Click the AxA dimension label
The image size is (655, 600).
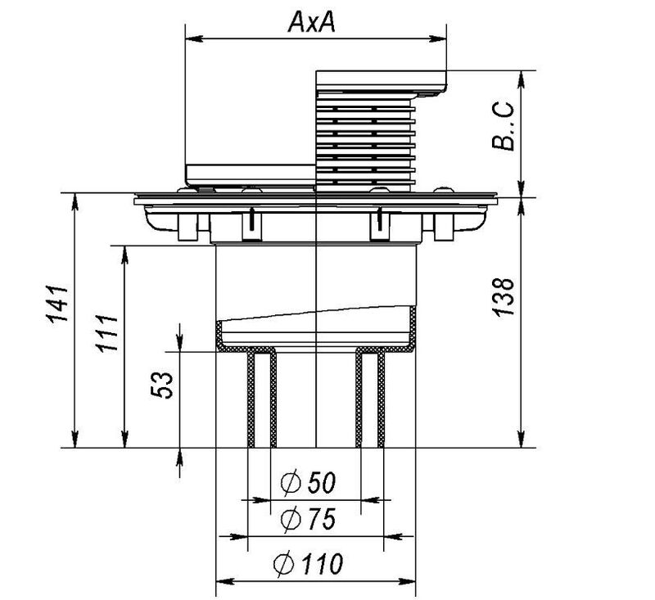pyautogui.click(x=311, y=22)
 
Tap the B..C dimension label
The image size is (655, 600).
pyautogui.click(x=503, y=126)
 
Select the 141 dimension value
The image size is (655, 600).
pyautogui.click(x=56, y=304)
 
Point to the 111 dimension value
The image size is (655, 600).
pyautogui.click(x=106, y=333)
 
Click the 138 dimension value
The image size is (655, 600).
pyautogui.click(x=503, y=296)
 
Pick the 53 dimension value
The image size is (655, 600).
pyautogui.click(x=161, y=385)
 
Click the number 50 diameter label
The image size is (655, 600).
pyautogui.click(x=321, y=482)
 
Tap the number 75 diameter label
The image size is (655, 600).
pyautogui.click(x=321, y=520)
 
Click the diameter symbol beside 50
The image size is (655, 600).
pyautogui.click(x=291, y=483)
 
